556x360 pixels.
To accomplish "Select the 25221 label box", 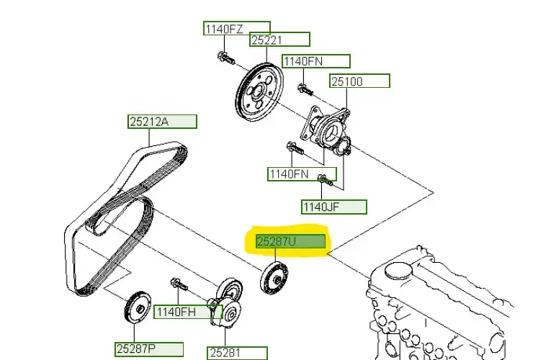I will (279, 40).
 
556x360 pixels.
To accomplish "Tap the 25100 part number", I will (359, 81).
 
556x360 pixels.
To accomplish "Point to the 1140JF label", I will (333, 207).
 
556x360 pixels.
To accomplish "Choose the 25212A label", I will (162, 122).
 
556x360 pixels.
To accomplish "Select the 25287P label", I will (145, 349).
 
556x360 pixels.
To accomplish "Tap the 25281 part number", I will (237, 353).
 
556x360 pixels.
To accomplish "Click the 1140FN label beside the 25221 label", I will (315, 62).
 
